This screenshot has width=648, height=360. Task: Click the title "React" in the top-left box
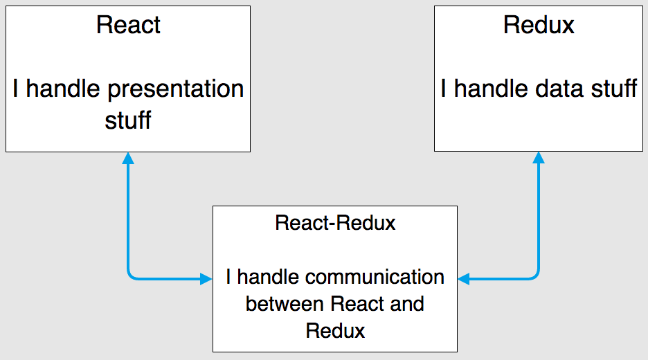[x=128, y=25]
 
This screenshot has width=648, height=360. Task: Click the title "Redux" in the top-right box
[x=539, y=25]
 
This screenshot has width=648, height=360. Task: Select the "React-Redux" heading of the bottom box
[x=335, y=223]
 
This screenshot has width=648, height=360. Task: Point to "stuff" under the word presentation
[x=128, y=120]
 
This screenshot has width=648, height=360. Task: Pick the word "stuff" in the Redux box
[x=610, y=89]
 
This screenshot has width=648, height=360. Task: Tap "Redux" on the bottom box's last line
[x=335, y=330]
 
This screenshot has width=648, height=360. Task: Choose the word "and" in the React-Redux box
[x=406, y=304]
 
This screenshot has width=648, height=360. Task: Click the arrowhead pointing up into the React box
[x=128, y=158]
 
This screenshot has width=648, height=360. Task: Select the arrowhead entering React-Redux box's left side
[x=206, y=279]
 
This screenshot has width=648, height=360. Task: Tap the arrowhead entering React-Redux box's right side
[x=463, y=279]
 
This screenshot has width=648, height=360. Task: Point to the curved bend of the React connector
[x=131, y=276]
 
